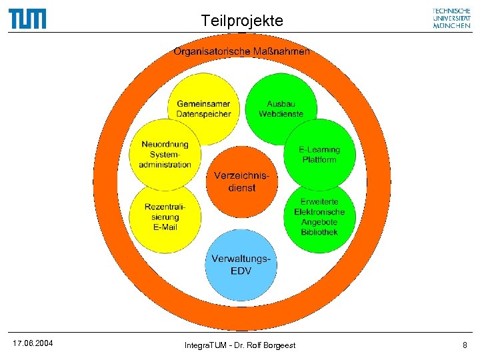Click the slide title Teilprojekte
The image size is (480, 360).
tap(242, 21)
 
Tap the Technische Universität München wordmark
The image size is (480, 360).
tap(451, 18)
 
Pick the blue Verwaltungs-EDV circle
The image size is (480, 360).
tap(241, 265)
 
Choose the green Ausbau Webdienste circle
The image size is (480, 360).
tap(281, 108)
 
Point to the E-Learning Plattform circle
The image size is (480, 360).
tap(319, 155)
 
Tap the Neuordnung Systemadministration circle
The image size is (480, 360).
tap(165, 155)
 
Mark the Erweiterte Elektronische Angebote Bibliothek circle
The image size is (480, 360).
tap(319, 217)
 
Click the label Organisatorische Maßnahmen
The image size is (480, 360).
tap(241, 51)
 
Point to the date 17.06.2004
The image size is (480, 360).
tap(33, 343)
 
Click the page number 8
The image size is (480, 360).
tap(465, 345)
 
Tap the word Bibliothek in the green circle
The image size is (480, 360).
tap(319, 232)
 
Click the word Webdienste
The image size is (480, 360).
tap(281, 114)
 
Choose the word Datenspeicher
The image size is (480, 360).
tap(203, 114)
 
